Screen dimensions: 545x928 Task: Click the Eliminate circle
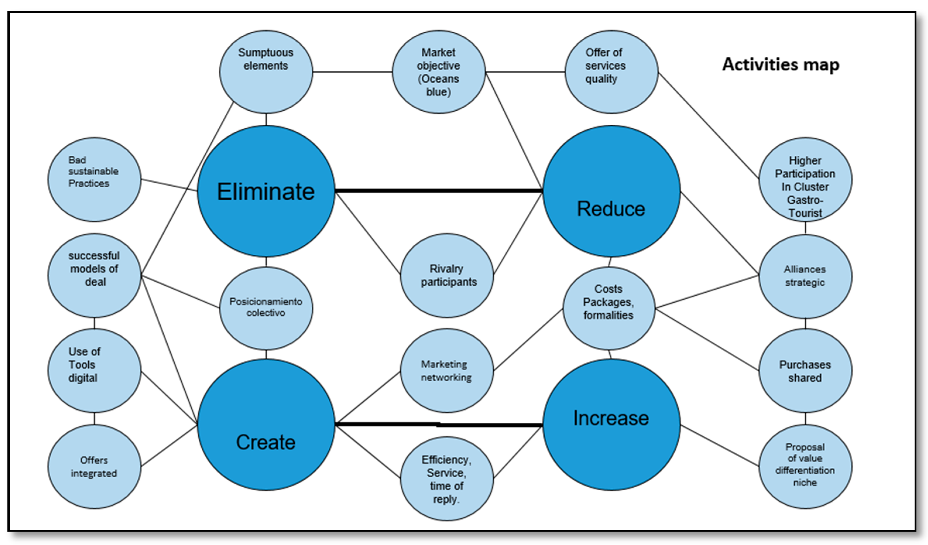[x=266, y=191]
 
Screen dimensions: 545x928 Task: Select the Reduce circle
[x=611, y=191]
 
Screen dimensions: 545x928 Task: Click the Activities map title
[x=781, y=64]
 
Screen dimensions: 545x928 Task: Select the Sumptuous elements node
[x=266, y=72]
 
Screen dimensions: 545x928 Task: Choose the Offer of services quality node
[x=611, y=72]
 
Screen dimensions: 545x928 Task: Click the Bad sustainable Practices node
[x=94, y=179]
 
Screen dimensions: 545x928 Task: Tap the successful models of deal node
[x=94, y=275]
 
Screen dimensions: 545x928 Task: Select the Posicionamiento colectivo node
[x=266, y=308]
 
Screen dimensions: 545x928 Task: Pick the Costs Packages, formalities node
[x=609, y=308]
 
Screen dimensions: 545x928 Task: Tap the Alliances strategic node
[x=805, y=276]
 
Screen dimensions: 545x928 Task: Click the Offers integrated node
[x=94, y=467]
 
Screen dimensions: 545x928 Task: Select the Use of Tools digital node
[x=94, y=371]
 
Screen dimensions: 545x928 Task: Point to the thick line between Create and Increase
[x=438, y=425]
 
